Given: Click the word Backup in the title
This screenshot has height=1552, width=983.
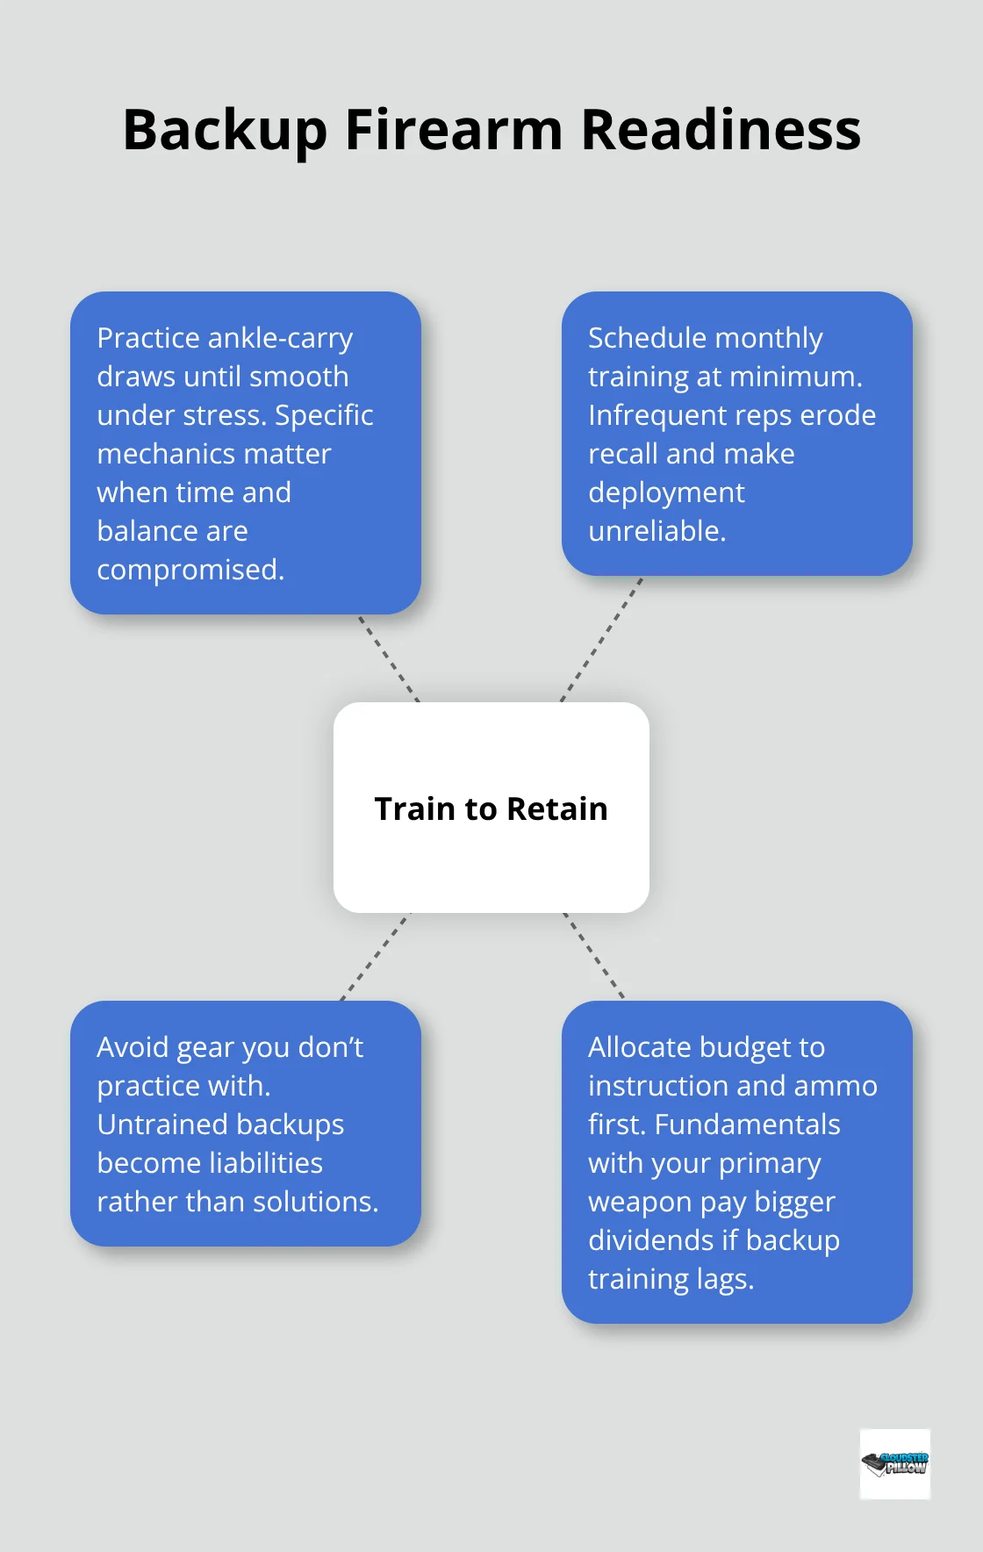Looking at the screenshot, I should [225, 130].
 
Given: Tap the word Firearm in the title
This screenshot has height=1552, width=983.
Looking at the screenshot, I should [454, 130].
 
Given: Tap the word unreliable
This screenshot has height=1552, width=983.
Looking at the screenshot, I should [657, 531].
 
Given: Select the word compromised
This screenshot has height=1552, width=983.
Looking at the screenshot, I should [190, 570].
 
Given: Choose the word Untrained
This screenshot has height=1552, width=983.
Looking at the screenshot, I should [160, 1124].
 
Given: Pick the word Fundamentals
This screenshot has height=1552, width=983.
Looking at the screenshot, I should [748, 1124].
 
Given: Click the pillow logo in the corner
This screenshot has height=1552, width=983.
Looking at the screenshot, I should [894, 1463].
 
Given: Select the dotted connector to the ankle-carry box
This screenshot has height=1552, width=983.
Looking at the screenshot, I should [389, 658].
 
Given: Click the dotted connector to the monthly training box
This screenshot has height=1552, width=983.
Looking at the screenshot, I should [601, 639].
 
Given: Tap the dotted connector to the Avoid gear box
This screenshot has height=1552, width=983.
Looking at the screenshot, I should [375, 957].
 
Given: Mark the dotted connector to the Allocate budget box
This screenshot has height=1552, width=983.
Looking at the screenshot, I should [593, 956].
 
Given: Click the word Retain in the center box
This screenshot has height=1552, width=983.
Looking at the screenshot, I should [556, 808].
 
